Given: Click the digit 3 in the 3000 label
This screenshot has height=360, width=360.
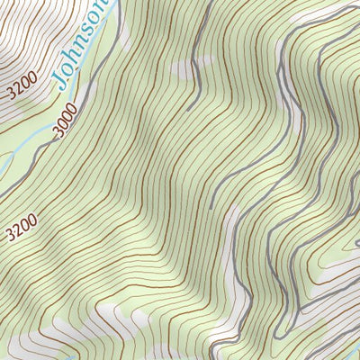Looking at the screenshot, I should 57,136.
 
